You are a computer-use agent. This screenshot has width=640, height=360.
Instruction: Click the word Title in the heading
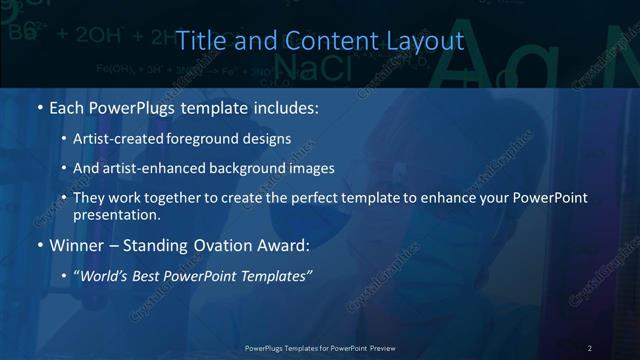[x=197, y=41]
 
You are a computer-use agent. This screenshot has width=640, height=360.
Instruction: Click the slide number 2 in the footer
[x=589, y=347]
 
